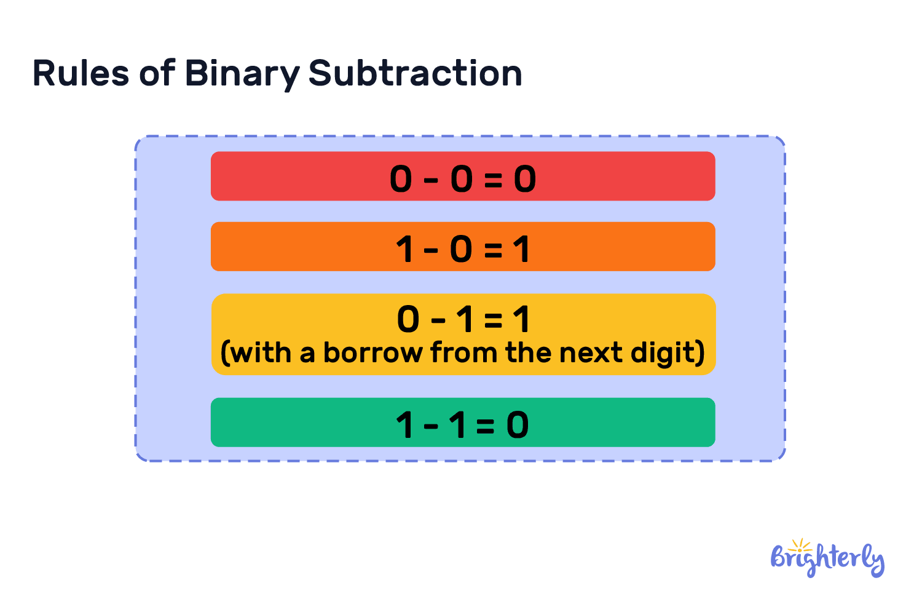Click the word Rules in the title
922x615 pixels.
point(80,73)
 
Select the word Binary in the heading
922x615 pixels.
point(241,74)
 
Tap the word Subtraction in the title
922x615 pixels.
point(415,73)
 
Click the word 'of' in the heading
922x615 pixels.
point(157,73)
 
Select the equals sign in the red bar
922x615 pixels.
point(493,180)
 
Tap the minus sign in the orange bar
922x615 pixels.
point(431,250)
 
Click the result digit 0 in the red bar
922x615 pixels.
point(525,180)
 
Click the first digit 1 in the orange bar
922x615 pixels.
point(404,250)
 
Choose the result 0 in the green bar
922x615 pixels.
point(518,425)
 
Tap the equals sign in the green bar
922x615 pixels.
point(485,426)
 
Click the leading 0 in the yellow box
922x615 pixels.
point(408,320)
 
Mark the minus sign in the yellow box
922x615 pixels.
point(438,320)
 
